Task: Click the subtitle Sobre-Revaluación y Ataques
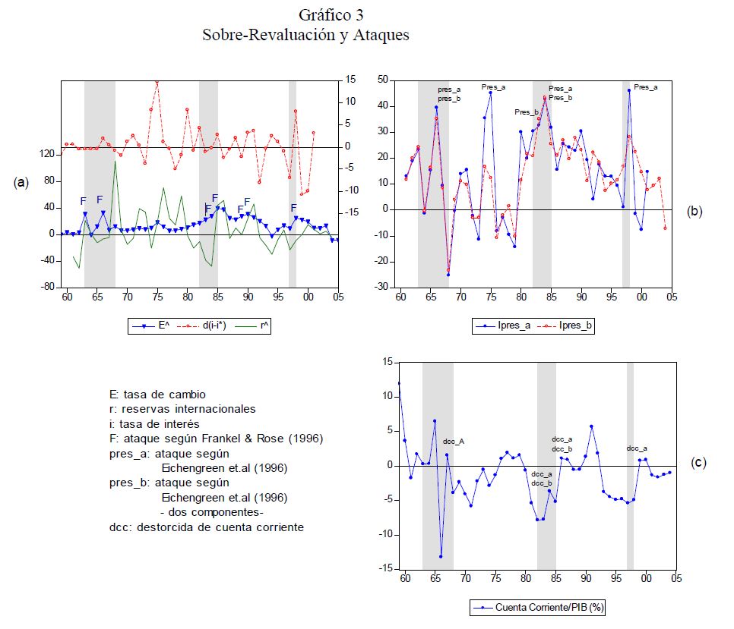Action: click(x=305, y=36)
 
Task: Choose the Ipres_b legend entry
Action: click(x=562, y=326)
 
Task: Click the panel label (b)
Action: click(x=694, y=212)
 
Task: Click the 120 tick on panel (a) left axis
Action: click(x=47, y=154)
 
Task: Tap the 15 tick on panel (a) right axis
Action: click(x=351, y=79)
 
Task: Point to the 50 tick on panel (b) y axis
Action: click(x=383, y=80)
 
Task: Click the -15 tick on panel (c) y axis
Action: click(x=387, y=568)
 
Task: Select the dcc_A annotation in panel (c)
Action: click(x=454, y=442)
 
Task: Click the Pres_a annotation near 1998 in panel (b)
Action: click(x=646, y=87)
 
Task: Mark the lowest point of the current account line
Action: click(x=441, y=556)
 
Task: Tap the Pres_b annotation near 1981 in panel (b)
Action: click(x=526, y=112)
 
